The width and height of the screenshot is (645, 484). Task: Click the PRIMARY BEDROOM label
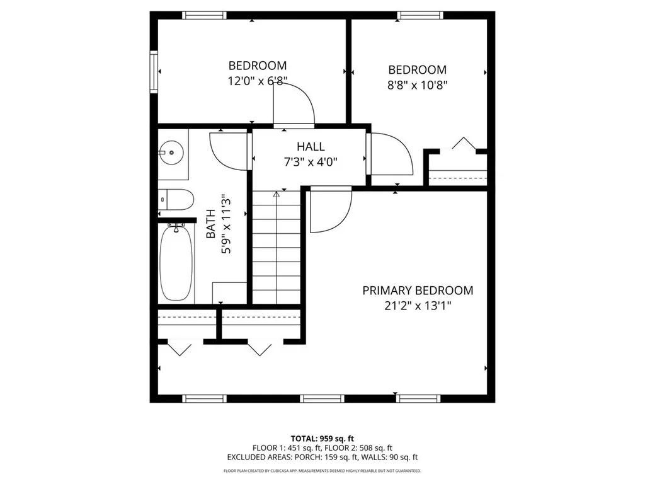tap(417, 291)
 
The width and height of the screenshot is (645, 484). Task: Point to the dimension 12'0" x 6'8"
tap(257, 81)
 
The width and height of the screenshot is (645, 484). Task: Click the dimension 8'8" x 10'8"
tap(417, 85)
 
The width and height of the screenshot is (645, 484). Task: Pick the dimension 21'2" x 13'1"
tap(417, 306)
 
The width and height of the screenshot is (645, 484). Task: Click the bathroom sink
tap(171, 151)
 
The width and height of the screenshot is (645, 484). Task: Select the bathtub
tap(176, 263)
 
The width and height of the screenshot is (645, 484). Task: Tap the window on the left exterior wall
tap(153, 72)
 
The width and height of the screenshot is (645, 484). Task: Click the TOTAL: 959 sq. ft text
tap(322, 438)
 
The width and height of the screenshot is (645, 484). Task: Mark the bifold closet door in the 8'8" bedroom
tap(463, 144)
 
